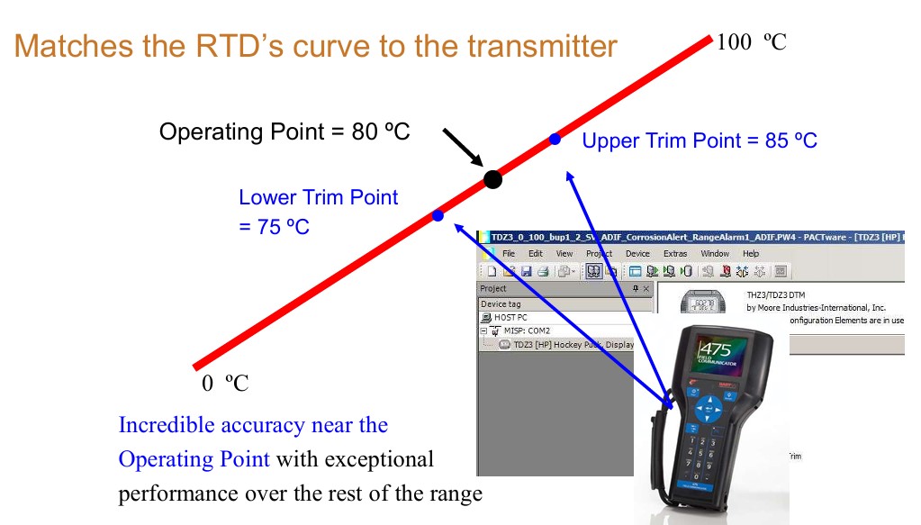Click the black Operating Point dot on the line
pos(492,179)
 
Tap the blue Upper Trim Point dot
pos(555,139)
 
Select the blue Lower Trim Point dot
pos(438,215)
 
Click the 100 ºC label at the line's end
pos(751,42)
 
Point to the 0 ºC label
pos(224,385)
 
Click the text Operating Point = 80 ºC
pos(284,131)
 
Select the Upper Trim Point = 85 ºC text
pos(700,140)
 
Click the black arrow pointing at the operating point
pos(462,149)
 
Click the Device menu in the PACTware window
pos(637,254)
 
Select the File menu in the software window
pos(509,254)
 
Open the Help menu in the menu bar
pos(751,254)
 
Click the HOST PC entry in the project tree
pos(510,318)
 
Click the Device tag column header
pos(501,304)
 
